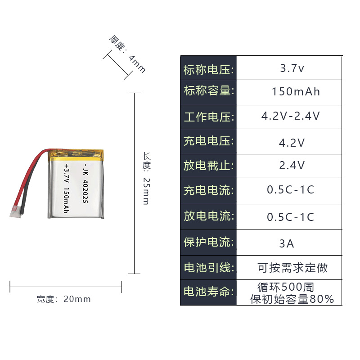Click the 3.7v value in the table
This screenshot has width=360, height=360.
(292, 69)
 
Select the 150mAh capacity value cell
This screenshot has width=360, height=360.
(296, 92)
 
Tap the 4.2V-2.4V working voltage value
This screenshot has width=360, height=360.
(291, 116)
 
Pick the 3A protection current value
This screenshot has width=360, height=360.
(287, 244)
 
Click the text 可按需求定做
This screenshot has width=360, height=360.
(292, 268)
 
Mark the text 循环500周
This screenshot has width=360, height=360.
(286, 287)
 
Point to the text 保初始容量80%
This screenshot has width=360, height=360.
(292, 299)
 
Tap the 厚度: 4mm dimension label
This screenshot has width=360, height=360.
(128, 54)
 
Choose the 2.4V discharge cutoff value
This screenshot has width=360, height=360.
(292, 166)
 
